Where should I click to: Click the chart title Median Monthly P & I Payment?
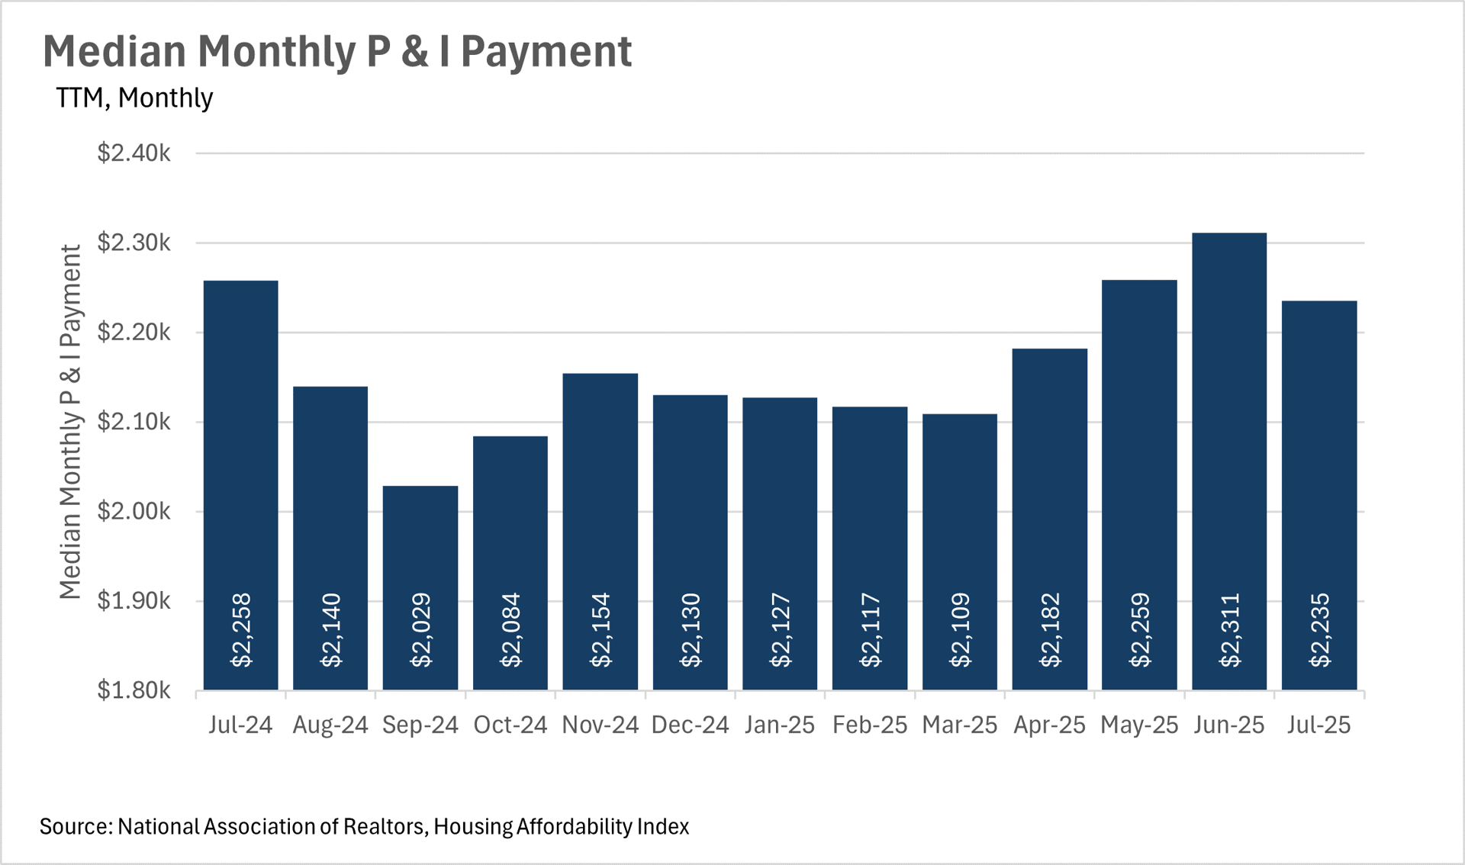(x=337, y=52)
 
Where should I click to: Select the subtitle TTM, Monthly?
(x=134, y=98)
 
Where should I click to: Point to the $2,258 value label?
(x=241, y=630)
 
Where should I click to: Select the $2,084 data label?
(x=510, y=630)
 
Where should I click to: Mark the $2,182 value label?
(x=1050, y=630)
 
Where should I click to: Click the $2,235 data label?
(x=1319, y=630)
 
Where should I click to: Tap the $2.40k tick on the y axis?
(x=134, y=153)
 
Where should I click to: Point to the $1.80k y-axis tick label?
(x=134, y=690)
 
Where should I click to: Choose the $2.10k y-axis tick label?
(x=134, y=422)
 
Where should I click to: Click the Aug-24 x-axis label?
(x=330, y=725)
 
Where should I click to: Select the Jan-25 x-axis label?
(x=780, y=725)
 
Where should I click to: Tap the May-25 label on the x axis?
(x=1139, y=725)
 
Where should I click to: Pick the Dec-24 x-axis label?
(x=690, y=725)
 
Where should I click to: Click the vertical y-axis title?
(x=70, y=422)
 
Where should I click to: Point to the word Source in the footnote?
(x=75, y=827)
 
